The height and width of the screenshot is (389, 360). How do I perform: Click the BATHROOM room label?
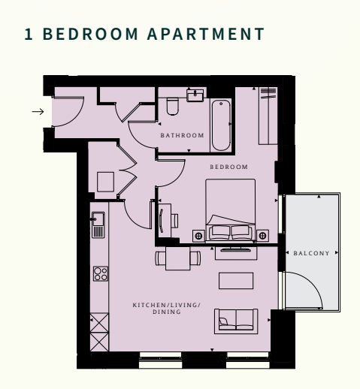[x=182, y=135]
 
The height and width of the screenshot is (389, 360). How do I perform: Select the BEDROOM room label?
[x=228, y=166]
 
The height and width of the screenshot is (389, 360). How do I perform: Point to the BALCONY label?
[x=312, y=254]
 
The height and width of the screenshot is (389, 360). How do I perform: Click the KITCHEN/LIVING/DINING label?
[x=167, y=308]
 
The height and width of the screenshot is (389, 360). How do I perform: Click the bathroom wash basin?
[x=197, y=95]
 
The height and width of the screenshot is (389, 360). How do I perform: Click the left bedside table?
[x=198, y=235]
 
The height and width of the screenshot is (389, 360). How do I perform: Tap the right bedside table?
[x=262, y=235]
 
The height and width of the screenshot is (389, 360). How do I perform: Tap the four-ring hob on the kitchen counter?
[x=98, y=274]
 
